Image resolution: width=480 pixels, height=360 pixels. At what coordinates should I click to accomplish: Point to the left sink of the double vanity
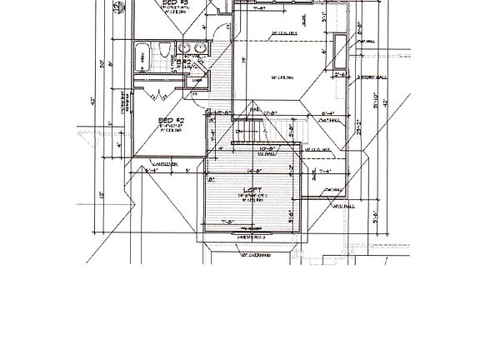click(x=185, y=48)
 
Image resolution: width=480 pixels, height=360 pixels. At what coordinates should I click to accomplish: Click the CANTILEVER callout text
click(x=151, y=163)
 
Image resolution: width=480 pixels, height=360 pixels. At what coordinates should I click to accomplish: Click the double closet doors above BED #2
click(x=154, y=94)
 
